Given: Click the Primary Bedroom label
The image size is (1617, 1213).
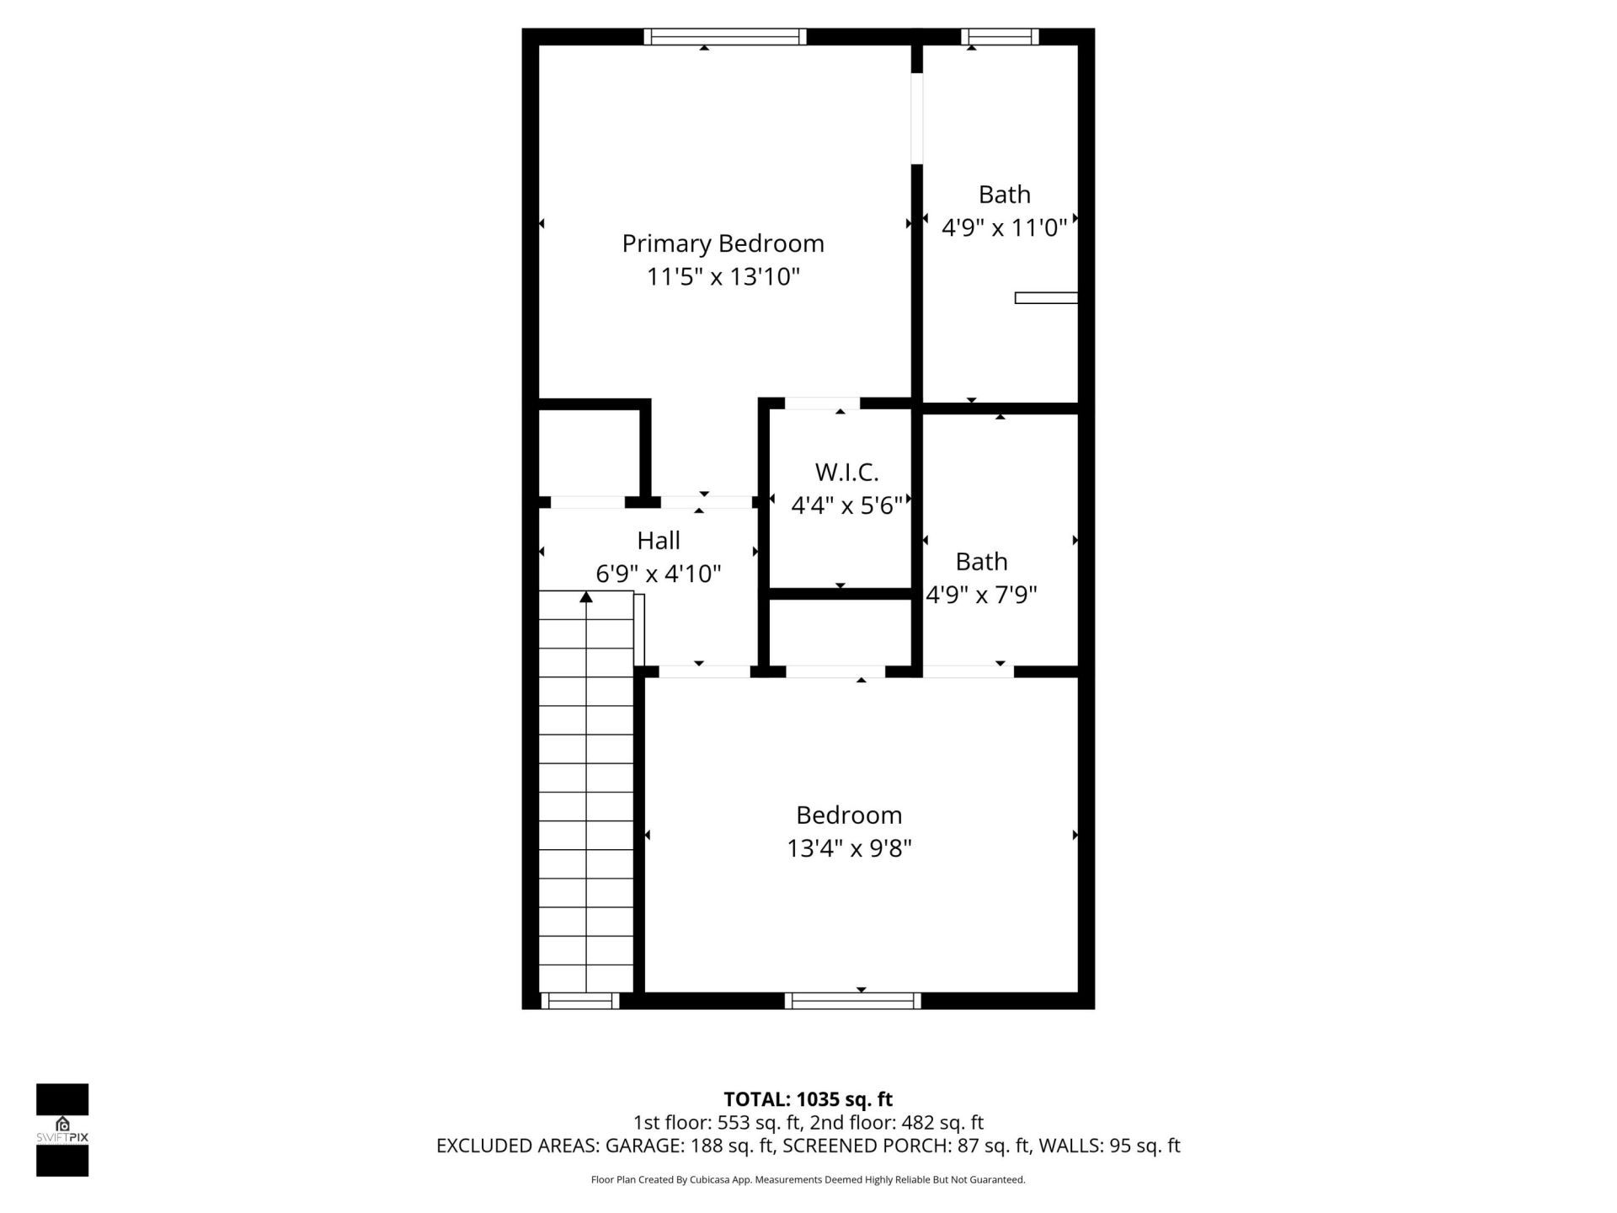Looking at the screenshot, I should pos(723,243).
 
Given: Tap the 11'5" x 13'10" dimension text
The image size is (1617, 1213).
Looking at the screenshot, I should pos(723,276).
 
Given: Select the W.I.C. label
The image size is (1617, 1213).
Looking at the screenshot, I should pos(846,472).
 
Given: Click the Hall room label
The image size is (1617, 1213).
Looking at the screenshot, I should pos(659,540).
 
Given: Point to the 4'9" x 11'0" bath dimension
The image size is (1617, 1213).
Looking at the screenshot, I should pos(1004,227).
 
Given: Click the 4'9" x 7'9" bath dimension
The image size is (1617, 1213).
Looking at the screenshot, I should pos(981,595).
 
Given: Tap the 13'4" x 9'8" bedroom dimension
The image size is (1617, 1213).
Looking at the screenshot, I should pos(849,847).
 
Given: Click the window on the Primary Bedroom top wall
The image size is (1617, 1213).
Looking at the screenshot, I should pos(725,37).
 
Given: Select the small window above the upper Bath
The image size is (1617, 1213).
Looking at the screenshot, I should pos(1000,37).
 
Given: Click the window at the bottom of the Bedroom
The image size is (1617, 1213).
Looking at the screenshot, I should pos(852,1001).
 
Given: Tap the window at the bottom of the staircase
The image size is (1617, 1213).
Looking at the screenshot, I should pos(579,1001).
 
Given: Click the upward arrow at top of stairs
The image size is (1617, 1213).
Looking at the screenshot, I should pos(586,597).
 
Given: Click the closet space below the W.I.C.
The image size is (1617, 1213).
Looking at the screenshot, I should pos(841,632).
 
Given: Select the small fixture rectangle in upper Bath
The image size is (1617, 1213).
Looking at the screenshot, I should pos(1046,297).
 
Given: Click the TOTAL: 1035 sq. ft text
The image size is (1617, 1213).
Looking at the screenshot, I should pos(808,1098).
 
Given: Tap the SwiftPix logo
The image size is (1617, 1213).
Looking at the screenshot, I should pos(62,1129).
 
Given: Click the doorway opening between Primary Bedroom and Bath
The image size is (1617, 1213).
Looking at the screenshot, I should pos(917,118).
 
